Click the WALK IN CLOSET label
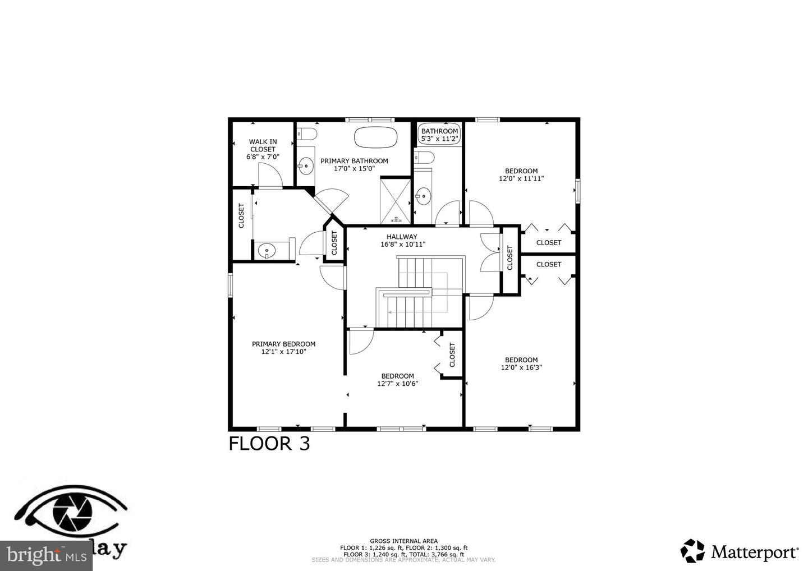point(263,146)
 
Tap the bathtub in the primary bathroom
point(376,137)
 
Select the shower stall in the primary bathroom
point(396,199)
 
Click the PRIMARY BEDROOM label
point(283,344)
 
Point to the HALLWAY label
point(402,237)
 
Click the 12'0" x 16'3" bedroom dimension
point(521,368)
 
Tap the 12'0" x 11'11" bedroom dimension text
point(521,179)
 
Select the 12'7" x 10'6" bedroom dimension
point(397,384)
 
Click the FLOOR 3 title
point(269,444)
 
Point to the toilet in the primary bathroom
point(306,134)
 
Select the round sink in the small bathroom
point(423,196)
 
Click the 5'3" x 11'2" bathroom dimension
point(440,139)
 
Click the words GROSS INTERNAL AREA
point(403,541)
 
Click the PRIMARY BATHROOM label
point(354,161)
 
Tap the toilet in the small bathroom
point(424,156)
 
